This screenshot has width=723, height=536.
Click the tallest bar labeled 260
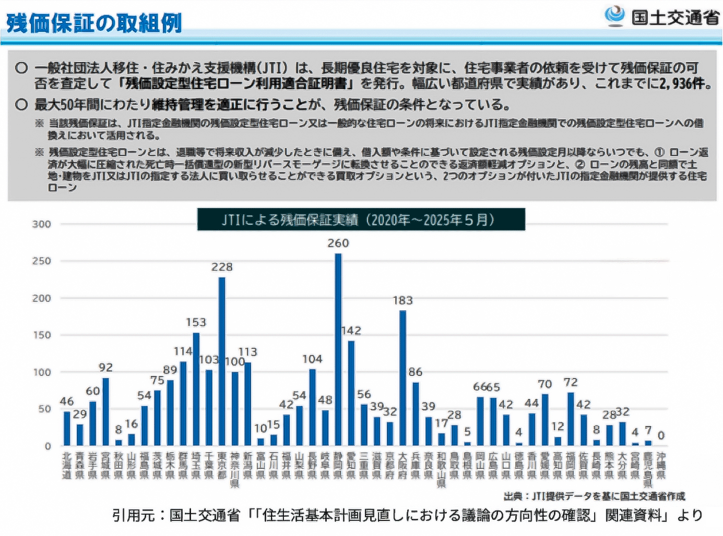point(338,349)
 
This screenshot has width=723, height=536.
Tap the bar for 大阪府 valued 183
point(402,377)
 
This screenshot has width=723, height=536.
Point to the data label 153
point(196,322)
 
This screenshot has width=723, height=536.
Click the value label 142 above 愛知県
point(351,331)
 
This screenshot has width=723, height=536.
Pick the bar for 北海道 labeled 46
point(67,428)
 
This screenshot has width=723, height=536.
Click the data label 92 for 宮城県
point(105,368)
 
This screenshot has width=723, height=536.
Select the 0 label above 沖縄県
point(661,435)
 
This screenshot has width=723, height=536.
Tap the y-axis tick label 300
point(42,224)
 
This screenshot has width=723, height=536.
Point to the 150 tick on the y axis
point(42,335)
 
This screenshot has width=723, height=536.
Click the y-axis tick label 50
point(44,409)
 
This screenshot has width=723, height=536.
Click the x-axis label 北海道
point(67,466)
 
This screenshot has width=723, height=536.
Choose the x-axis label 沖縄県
point(661,466)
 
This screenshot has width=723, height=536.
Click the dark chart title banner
point(361,220)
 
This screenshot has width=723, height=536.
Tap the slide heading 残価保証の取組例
point(94,23)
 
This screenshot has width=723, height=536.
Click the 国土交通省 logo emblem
point(614,16)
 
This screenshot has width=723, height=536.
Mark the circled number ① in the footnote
point(659,152)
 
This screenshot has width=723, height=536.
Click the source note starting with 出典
point(594,496)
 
